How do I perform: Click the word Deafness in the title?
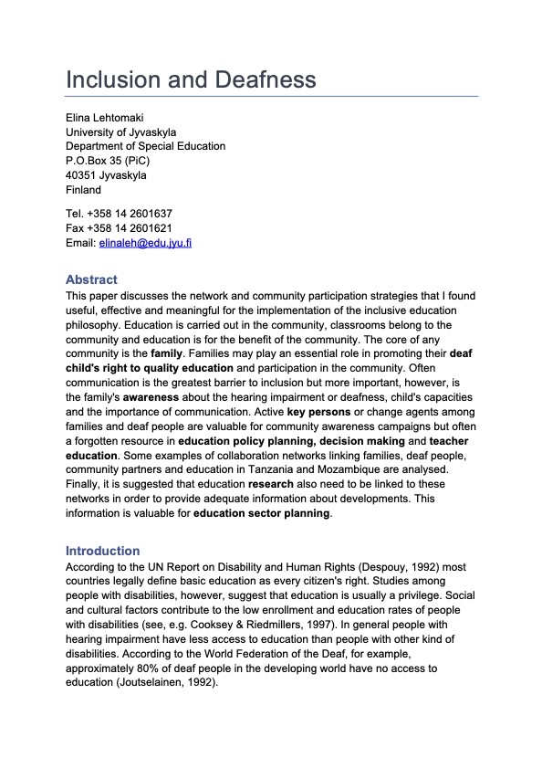pyautogui.click(x=266, y=79)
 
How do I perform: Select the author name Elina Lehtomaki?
pyautogui.click(x=106, y=118)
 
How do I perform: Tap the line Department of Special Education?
pyautogui.click(x=145, y=147)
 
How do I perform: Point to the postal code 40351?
pyautogui.click(x=81, y=176)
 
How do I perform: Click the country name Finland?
pyautogui.click(x=84, y=191)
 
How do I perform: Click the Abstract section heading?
pyautogui.click(x=91, y=279)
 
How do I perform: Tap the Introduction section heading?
pyautogui.click(x=102, y=551)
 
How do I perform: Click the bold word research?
pyautogui.click(x=271, y=484)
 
